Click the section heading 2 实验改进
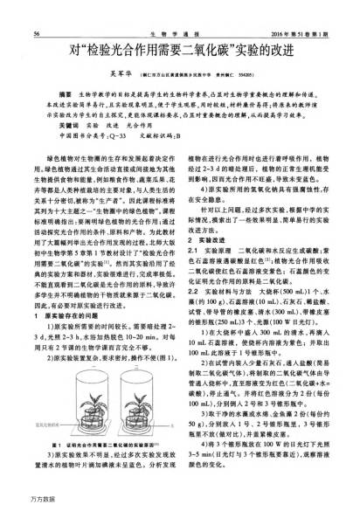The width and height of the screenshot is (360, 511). pos(210,240)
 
